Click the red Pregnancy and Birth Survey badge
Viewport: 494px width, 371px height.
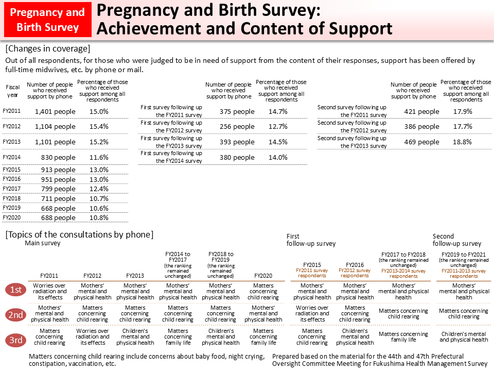[47, 20]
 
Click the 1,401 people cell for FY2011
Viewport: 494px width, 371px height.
[55, 111]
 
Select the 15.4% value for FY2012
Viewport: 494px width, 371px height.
[99, 126]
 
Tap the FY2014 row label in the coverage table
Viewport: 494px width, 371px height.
[11, 157]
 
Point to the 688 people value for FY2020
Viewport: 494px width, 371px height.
[58, 218]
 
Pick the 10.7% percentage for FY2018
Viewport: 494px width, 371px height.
[99, 198]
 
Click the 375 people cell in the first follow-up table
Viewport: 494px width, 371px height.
[237, 111]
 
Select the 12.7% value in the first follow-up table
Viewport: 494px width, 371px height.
[278, 127]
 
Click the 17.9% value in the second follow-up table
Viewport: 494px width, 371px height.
[463, 111]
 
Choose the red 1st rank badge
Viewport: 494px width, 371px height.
[16, 291]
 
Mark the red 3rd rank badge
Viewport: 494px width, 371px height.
[16, 340]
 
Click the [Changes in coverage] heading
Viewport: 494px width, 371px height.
[47, 49]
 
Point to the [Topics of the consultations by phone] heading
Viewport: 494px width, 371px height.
[79, 234]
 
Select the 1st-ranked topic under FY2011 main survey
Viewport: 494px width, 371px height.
[50, 291]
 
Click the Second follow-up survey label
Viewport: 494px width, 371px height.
[456, 240]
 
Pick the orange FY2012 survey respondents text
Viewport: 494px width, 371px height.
[355, 273]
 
